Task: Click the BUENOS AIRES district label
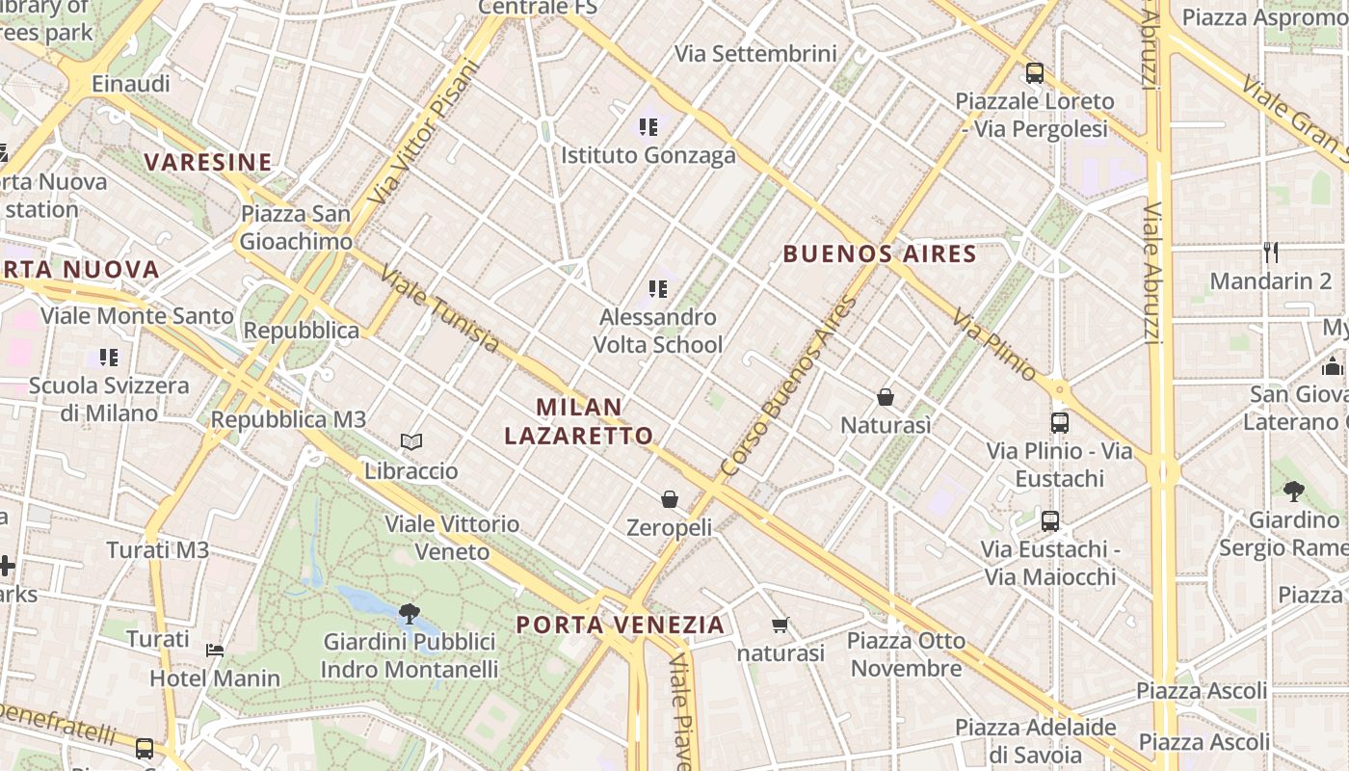coord(880,254)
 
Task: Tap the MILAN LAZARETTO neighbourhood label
coord(579,421)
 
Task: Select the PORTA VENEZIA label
coord(621,625)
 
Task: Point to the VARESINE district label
coord(208,162)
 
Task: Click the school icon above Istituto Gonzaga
coord(648,126)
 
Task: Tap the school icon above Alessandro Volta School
coord(658,288)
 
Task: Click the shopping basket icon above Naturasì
coord(886,397)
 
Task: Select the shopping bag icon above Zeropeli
coord(670,499)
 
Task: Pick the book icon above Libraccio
coord(411,442)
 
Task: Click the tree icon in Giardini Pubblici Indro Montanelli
coord(410,613)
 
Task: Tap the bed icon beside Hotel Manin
coord(215,651)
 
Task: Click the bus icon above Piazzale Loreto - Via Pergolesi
coord(1035,72)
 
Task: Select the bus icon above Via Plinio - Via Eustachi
coord(1059,422)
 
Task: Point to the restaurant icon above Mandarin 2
coord(1271,253)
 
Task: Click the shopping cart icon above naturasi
coord(780,625)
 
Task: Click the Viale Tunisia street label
coord(440,309)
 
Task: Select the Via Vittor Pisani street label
coord(423,132)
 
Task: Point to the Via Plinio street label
coord(995,344)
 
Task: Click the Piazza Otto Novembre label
coord(906,654)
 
